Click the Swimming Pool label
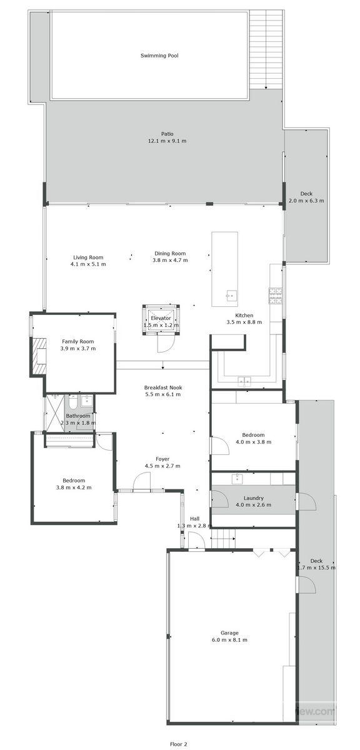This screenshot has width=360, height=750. click(x=159, y=56)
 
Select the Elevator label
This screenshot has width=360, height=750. click(x=161, y=318)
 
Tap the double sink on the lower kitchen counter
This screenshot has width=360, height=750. click(x=244, y=380)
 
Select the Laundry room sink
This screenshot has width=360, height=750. click(x=237, y=479)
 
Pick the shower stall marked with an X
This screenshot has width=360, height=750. click(x=54, y=412)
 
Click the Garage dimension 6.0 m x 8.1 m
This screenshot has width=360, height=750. click(x=229, y=640)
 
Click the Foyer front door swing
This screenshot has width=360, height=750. click(x=142, y=482)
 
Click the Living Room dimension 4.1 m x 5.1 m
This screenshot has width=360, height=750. click(x=88, y=264)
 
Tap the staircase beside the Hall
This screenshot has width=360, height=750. click(x=222, y=537)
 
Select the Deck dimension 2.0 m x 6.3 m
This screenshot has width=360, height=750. click(x=306, y=201)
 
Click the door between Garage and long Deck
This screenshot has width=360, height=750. click(x=304, y=586)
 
